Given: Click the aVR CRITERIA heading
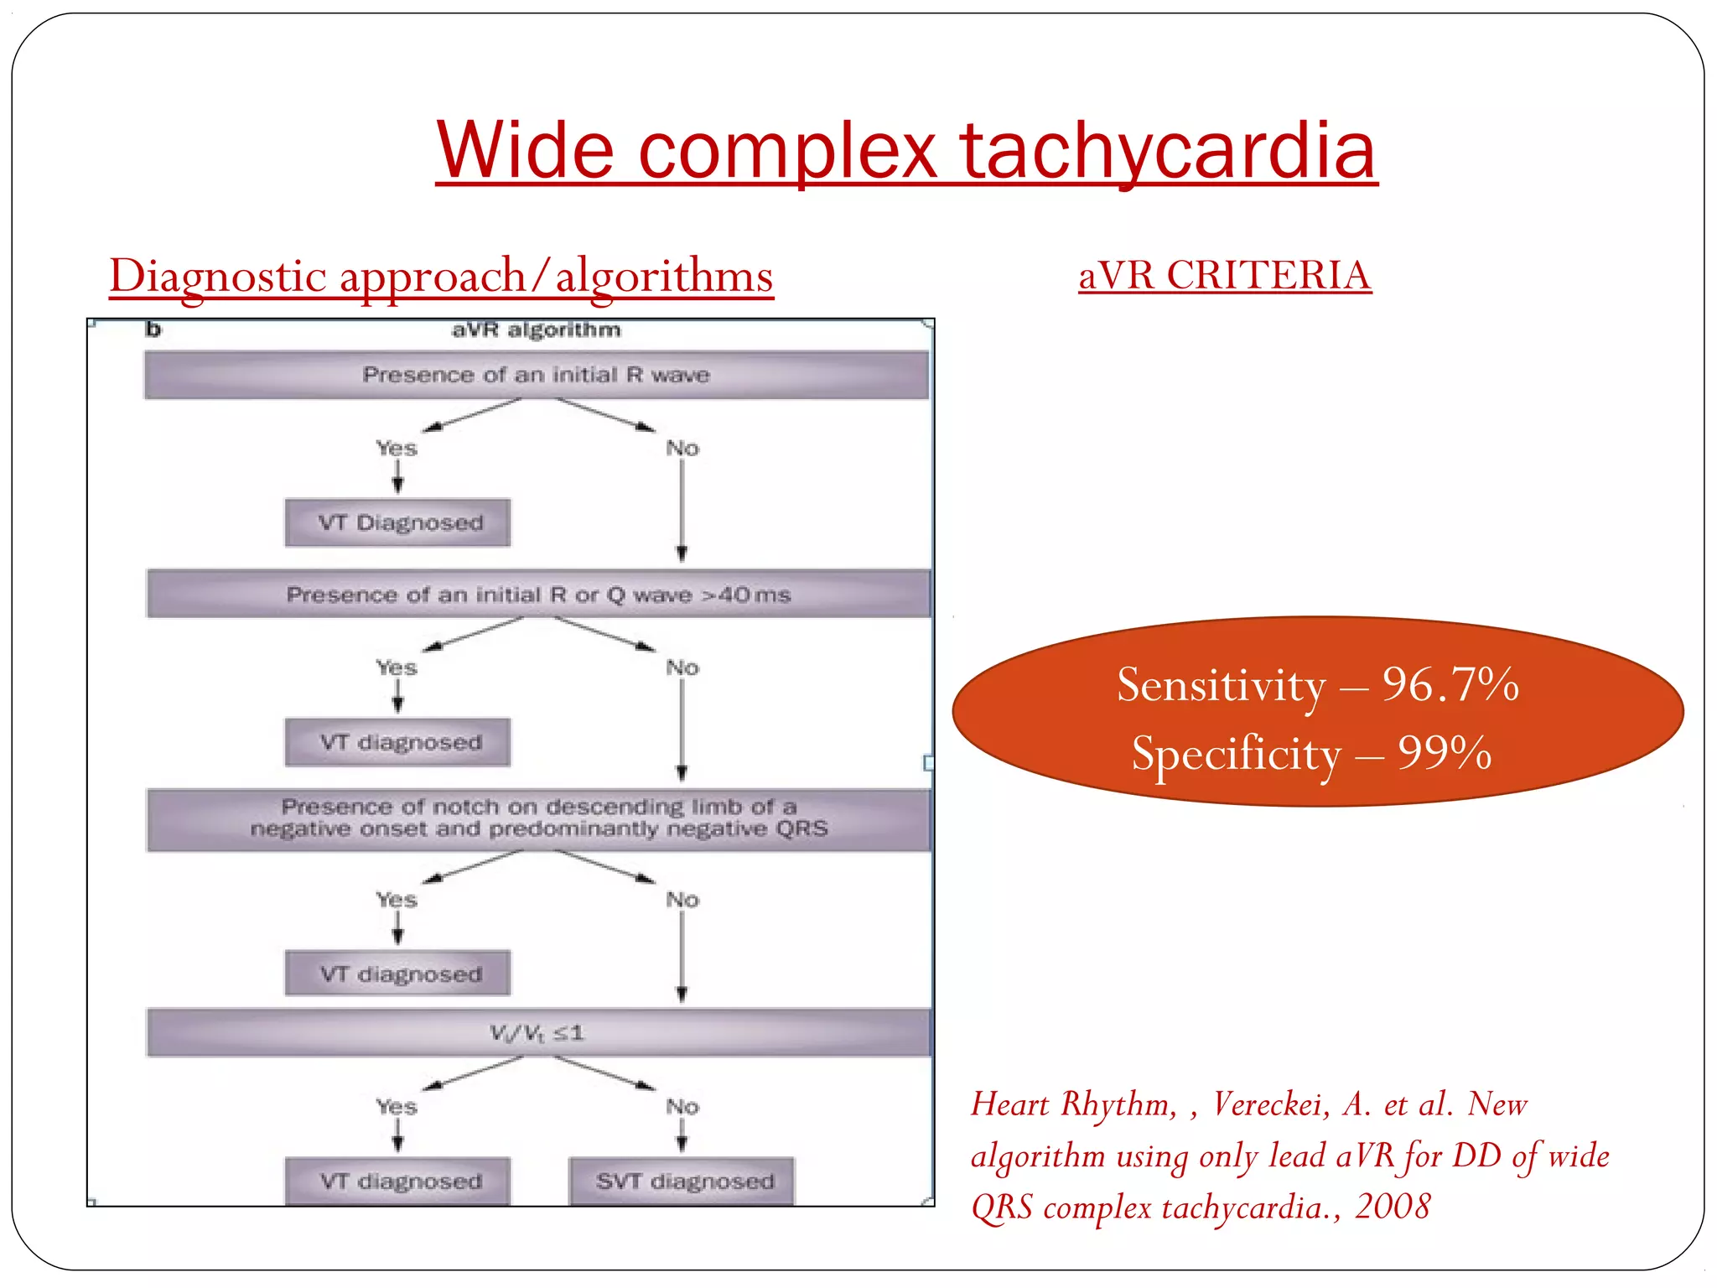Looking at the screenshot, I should coord(1224,275).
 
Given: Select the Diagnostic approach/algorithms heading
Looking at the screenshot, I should coord(441,276).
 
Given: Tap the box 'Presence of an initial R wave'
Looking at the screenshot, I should coord(537,375).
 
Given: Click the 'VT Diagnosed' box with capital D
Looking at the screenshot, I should coord(398,523).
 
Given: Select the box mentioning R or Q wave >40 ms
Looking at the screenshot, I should coord(538,595).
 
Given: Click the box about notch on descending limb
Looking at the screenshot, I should coord(538,818).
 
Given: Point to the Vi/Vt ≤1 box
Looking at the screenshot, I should coord(538,1033).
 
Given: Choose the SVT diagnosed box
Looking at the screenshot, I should coord(682,1182).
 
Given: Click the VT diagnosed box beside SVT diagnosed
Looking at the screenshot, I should coord(398,1182).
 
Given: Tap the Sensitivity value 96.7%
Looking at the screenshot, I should coord(1450,685).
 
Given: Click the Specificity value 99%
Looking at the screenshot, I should coord(1444,753).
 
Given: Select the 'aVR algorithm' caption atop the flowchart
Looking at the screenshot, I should coord(537,330).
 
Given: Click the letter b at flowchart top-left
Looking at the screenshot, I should coord(153,330).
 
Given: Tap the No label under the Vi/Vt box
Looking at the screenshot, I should coord(682,1107).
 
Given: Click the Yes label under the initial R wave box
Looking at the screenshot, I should coord(397,449).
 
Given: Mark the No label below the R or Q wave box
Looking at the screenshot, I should coord(682,668).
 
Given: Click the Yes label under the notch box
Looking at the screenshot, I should coord(397,900).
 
